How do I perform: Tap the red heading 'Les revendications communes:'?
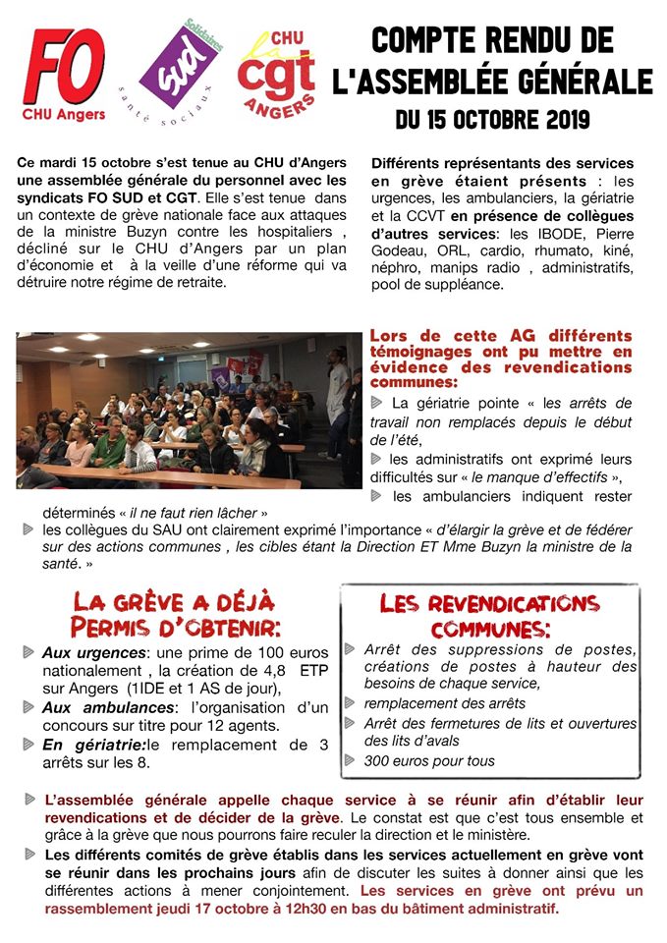click(x=489, y=615)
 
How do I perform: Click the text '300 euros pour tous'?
click(x=429, y=760)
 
